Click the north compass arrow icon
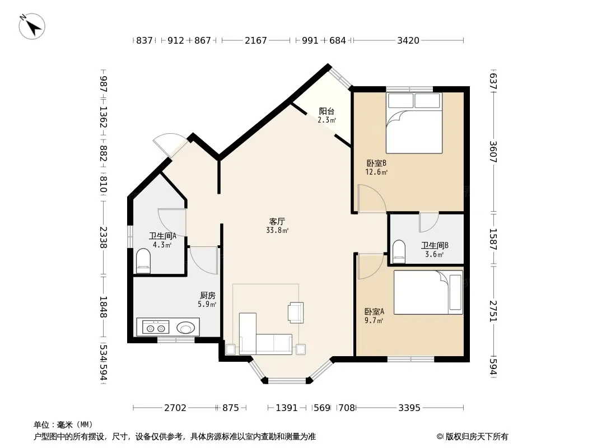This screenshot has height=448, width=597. tap(32, 26)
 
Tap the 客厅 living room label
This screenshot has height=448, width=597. tap(277, 221)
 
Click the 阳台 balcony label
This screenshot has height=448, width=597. tap(327, 111)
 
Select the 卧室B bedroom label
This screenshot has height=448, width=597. tap(376, 164)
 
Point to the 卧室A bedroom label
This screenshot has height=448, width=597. tap(374, 311)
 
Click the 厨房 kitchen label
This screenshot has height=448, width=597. tap(208, 295)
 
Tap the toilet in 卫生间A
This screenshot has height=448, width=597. tap(143, 262)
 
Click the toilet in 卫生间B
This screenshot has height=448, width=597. tap(399, 251)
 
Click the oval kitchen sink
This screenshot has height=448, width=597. tap(186, 328)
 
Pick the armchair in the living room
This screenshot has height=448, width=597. tap(296, 312)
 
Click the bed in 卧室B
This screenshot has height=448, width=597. tap(414, 123)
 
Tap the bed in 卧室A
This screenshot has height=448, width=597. tap(428, 292)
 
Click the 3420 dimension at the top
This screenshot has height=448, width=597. tap(408, 40)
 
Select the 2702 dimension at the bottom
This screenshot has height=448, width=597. tap(175, 408)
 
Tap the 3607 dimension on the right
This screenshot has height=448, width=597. tap(493, 152)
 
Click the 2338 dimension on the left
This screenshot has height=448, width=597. tap(104, 237)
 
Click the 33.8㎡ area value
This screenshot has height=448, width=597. tap(277, 230)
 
